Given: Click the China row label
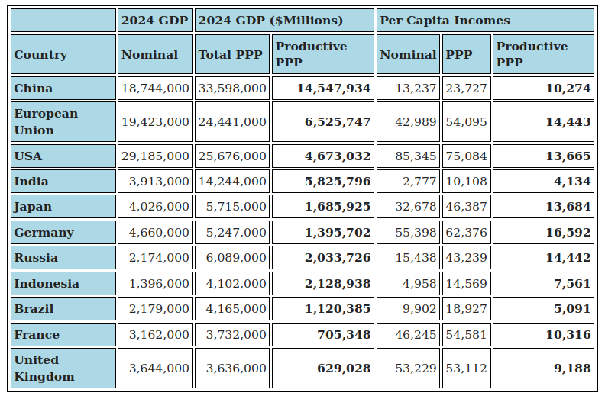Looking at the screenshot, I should point(34,89).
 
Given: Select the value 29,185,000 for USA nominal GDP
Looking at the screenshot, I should point(155,156).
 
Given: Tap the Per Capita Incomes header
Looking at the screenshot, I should point(445,21).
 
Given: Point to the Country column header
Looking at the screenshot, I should point(40,55).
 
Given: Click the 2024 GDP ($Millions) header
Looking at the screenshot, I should point(270,21).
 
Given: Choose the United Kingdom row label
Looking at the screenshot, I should point(44,368).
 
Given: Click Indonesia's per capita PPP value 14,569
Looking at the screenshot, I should point(466,284).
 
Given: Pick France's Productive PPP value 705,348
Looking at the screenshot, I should point(344,335).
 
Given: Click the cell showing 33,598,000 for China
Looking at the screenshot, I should point(232,89).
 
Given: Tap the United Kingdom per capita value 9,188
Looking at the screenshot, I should point(572,368).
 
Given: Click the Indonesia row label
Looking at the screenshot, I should point(47,284).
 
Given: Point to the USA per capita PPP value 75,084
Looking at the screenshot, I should point(466,156).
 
